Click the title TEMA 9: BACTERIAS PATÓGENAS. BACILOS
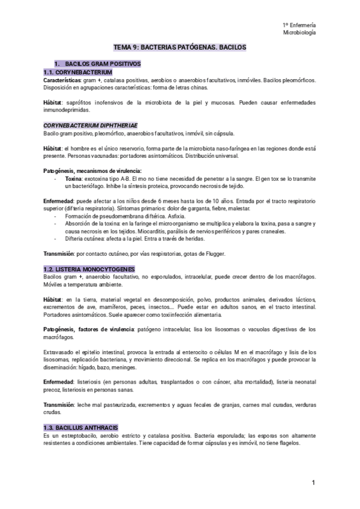click(x=180, y=46)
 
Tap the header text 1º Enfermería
click(x=299, y=25)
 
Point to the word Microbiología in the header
click(x=299, y=32)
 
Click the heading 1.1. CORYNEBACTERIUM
click(x=77, y=72)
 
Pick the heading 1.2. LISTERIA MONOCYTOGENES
click(x=89, y=269)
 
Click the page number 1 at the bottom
click(x=313, y=483)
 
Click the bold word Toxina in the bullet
click(x=74, y=178)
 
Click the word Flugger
click(x=212, y=254)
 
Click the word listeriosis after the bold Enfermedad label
click(x=94, y=382)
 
